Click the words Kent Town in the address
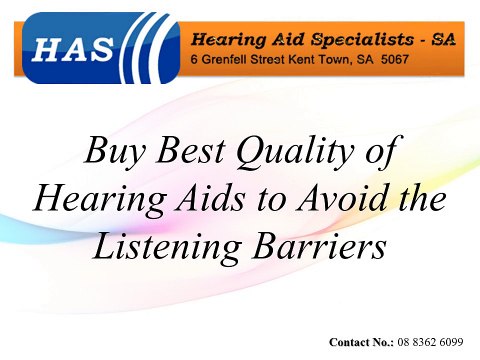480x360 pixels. point(323,61)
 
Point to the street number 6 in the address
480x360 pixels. point(194,61)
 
